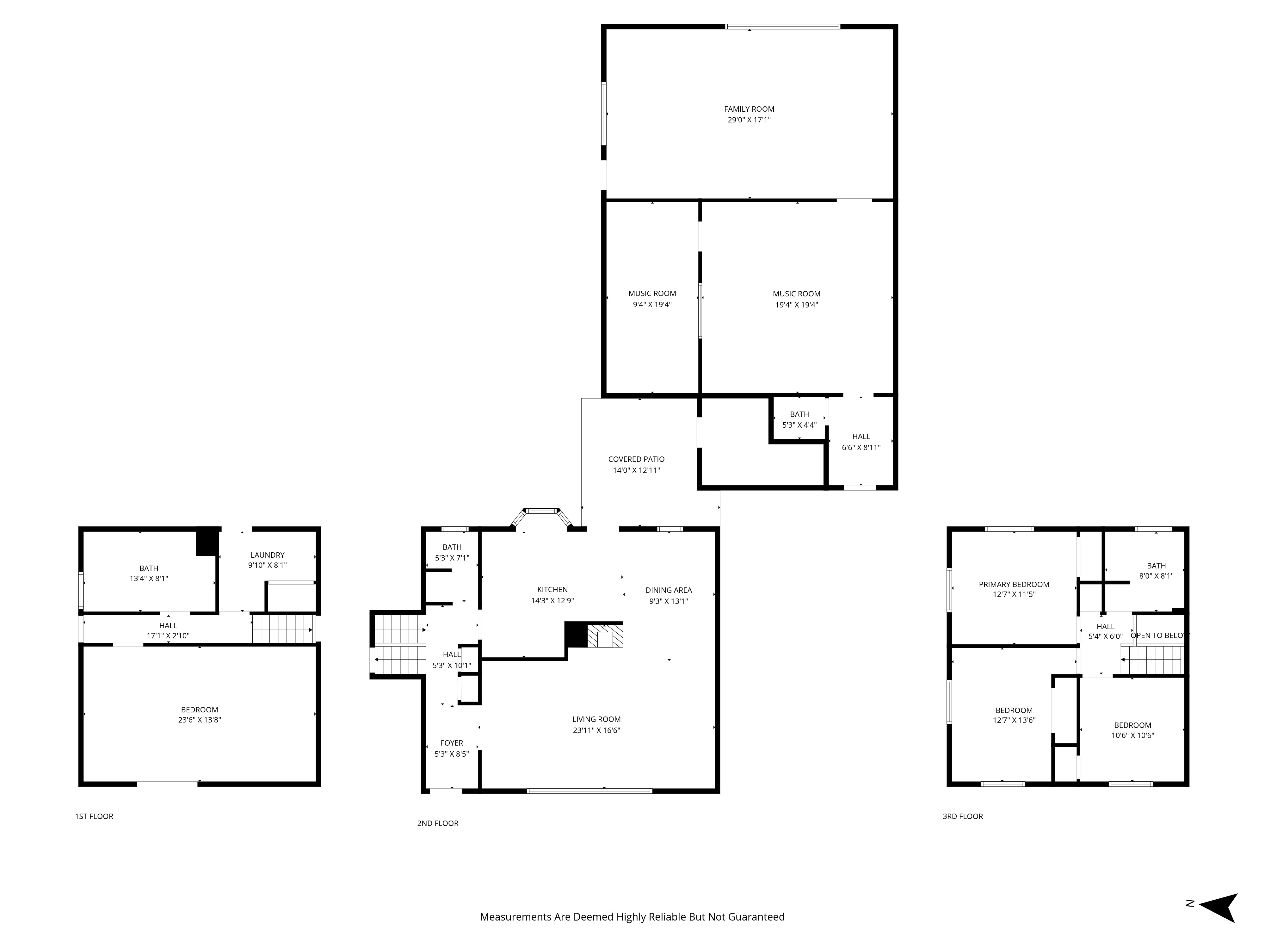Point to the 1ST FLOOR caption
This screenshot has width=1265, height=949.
pyautogui.click(x=94, y=816)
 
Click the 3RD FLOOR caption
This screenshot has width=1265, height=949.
pyautogui.click(x=962, y=816)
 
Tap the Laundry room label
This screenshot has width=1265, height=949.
pyautogui.click(x=267, y=555)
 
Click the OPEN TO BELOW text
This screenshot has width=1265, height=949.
pyautogui.click(x=1159, y=636)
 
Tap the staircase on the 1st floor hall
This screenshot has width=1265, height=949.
pyautogui.click(x=282, y=629)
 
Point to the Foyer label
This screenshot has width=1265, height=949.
pyautogui.click(x=452, y=743)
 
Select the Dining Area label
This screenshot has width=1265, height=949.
pyautogui.click(x=669, y=590)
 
